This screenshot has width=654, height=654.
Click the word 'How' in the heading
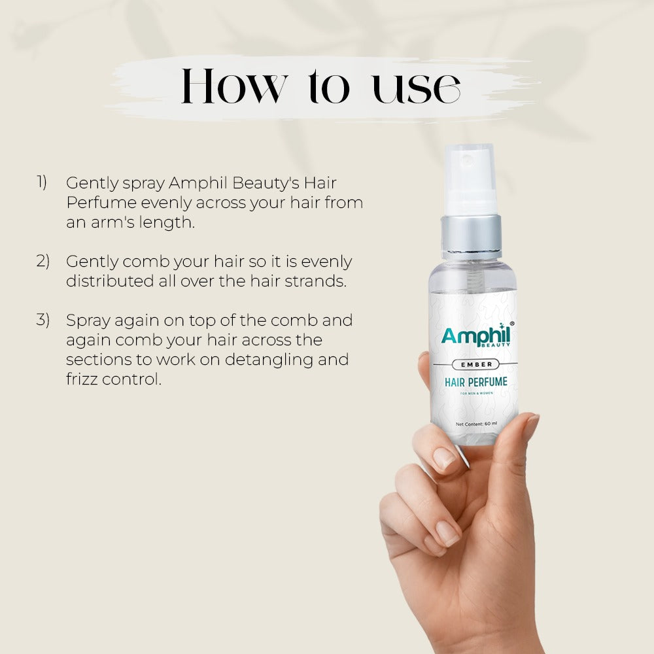233,87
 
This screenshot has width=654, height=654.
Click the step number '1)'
42,182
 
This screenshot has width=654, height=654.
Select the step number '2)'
43,261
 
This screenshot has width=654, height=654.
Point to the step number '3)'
43,320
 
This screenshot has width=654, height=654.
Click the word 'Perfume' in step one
100,203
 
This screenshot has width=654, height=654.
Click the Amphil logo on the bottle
475,336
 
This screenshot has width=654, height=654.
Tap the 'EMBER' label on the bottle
474,364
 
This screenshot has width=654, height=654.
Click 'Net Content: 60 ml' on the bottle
476,424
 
